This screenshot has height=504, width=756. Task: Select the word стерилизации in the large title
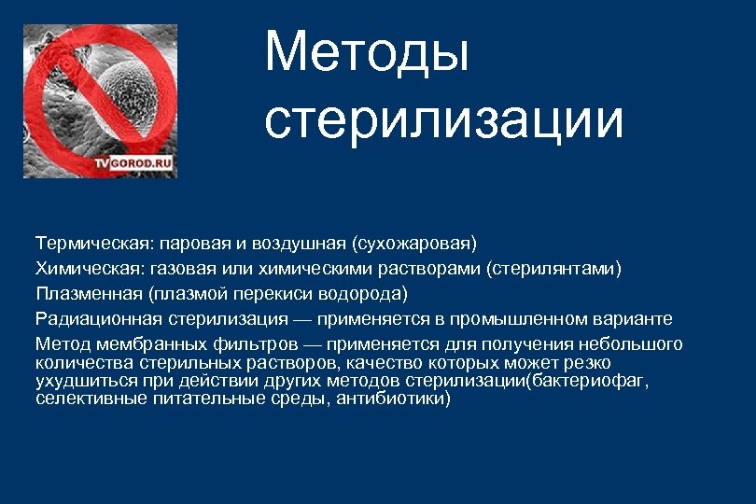[443, 120]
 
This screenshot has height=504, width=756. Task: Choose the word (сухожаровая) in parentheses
[413, 244]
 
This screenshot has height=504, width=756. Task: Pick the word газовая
[179, 269]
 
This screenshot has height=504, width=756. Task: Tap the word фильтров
[248, 344]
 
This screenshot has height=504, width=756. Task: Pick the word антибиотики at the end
[396, 399]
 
